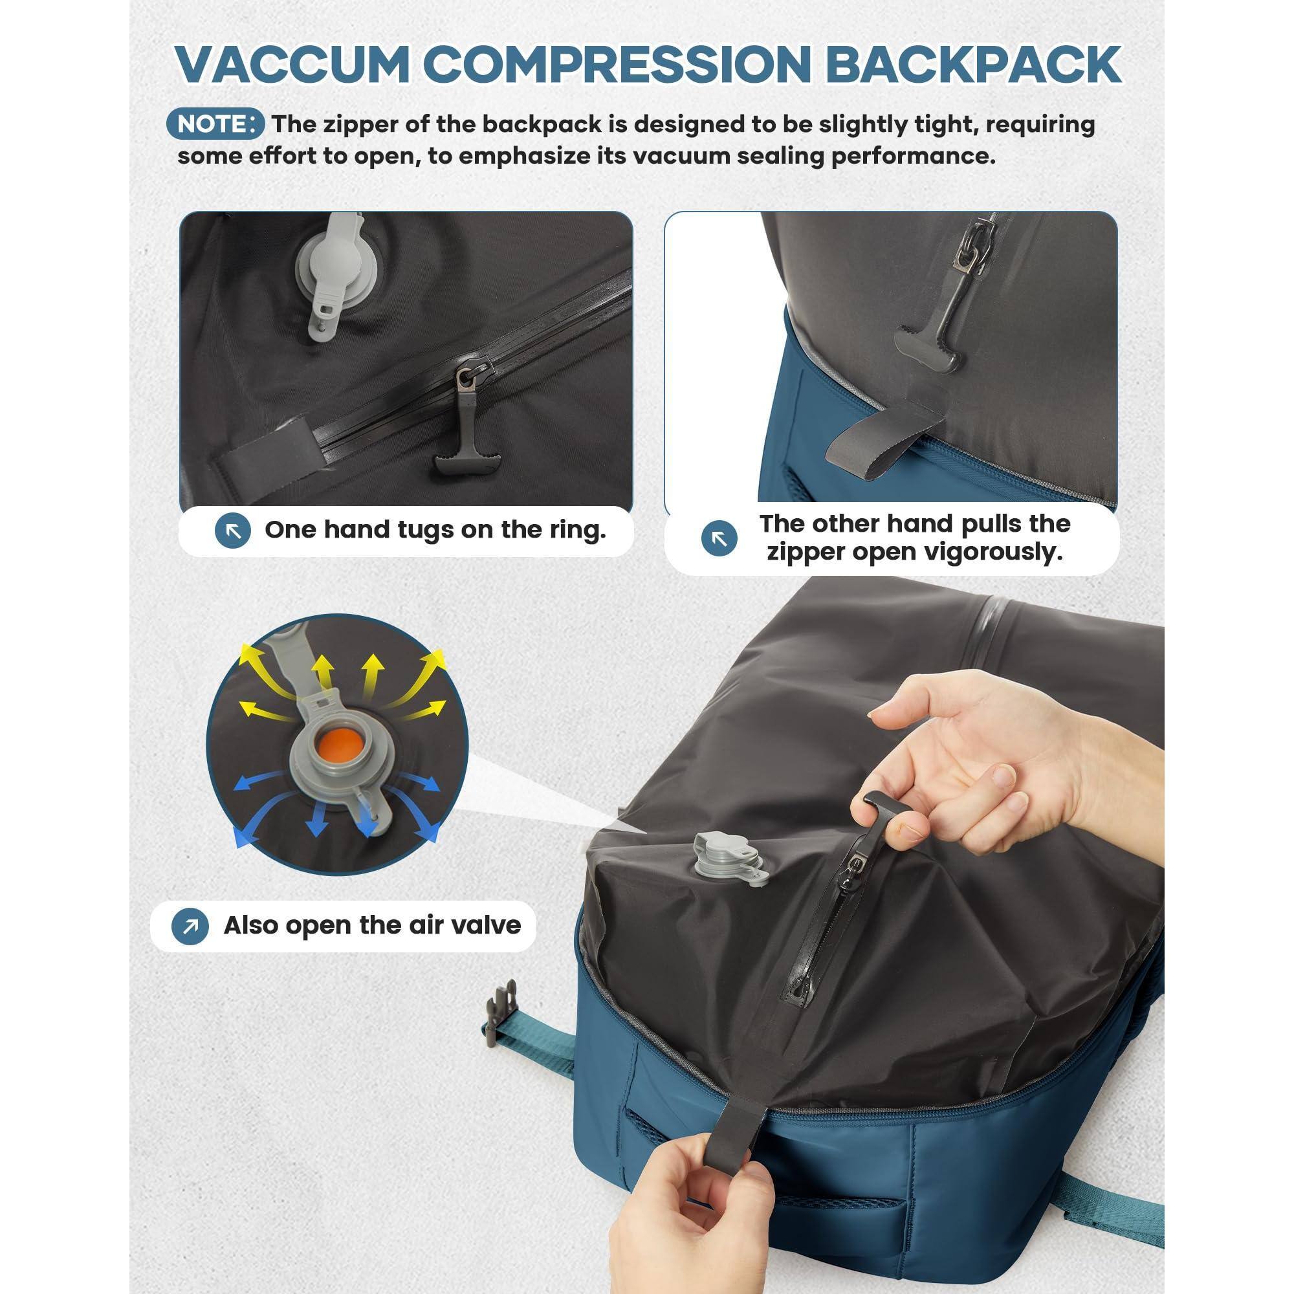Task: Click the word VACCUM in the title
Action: pyautogui.click(x=292, y=65)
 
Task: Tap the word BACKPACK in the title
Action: pyautogui.click(x=972, y=65)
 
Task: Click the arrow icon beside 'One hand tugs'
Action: pyautogui.click(x=232, y=531)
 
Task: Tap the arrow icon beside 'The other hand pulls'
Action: pyautogui.click(x=719, y=538)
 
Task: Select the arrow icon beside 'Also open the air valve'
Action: pyautogui.click(x=190, y=927)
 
